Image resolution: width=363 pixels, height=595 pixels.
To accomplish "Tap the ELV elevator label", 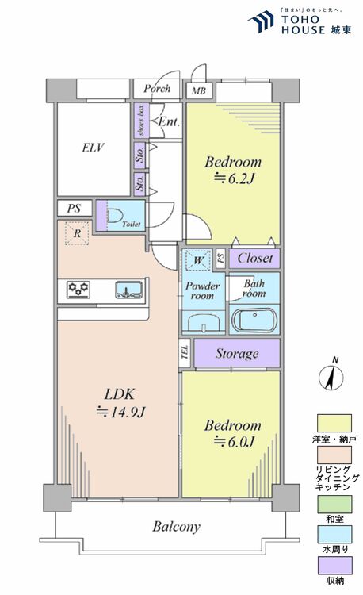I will click(92, 148).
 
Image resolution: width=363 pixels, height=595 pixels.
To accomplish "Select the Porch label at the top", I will click(157, 88).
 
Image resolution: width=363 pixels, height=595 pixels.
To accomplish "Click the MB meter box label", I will click(197, 90).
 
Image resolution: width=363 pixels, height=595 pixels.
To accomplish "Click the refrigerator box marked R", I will click(76, 233).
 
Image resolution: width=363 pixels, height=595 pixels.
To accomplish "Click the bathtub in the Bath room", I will click(254, 321).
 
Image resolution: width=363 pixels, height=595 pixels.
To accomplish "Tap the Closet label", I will click(254, 259).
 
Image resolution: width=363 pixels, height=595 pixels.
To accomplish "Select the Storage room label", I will click(236, 353).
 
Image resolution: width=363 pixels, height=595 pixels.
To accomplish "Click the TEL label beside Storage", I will click(184, 353).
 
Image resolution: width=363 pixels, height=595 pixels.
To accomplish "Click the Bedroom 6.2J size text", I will click(233, 178).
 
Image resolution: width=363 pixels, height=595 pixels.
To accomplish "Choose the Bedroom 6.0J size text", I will click(231, 442).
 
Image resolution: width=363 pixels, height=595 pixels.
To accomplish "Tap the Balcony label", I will click(176, 526).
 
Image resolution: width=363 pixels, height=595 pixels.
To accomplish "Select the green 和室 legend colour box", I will click(334, 504).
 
